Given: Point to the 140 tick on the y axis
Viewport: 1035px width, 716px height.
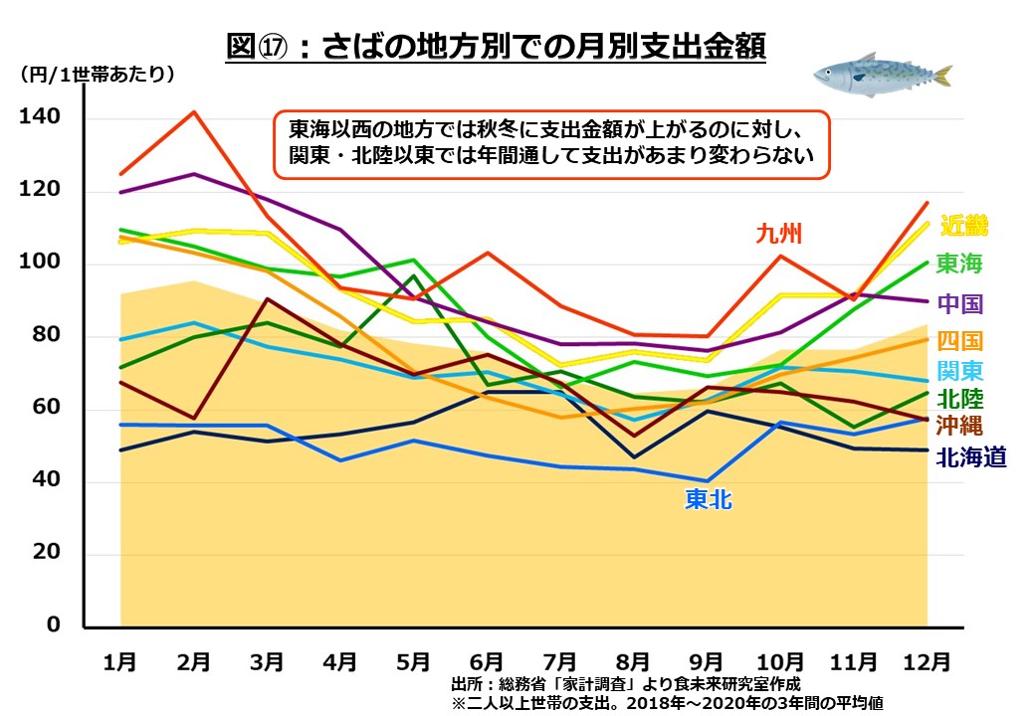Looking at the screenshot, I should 40,118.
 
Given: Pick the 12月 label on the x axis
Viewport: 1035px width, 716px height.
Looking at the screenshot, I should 927,660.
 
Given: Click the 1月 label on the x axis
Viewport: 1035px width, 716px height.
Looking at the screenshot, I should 120,660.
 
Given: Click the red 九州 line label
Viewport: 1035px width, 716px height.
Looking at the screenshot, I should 778,235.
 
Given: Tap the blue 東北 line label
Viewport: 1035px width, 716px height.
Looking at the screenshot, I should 708,499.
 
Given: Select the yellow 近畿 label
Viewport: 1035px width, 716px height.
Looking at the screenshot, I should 962,226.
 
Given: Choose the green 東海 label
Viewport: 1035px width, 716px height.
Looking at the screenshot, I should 961,264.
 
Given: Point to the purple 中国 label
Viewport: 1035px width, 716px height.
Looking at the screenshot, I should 961,303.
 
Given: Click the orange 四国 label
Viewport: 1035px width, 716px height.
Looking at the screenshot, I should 961,341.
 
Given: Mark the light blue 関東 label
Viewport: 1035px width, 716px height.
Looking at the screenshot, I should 961,371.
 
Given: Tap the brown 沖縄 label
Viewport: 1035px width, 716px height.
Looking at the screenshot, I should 961,428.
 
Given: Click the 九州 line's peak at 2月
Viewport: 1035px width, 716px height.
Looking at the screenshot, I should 195,111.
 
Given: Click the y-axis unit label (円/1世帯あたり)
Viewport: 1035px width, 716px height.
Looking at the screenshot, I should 96,74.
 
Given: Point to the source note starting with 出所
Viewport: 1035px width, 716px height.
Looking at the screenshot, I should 625,684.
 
